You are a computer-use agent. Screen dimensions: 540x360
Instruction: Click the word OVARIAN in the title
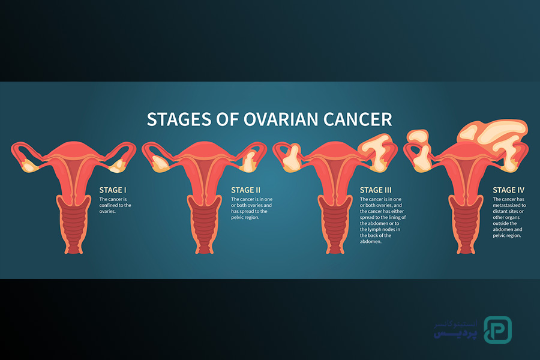[x=281, y=119]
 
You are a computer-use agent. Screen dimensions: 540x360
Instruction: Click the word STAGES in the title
[x=179, y=119]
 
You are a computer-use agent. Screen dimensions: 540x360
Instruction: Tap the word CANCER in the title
[x=358, y=119]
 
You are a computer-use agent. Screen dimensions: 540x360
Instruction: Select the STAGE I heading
[x=113, y=190]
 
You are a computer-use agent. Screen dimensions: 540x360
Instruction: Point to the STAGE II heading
[x=245, y=190]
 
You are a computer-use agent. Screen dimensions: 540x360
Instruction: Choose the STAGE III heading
[x=376, y=190]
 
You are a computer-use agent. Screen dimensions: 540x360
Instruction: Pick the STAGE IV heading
[x=508, y=190]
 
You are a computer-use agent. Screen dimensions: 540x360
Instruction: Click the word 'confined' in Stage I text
[x=108, y=205]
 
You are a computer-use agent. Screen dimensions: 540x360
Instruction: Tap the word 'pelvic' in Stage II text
[x=238, y=218]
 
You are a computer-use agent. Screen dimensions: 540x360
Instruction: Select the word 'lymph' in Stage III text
[x=374, y=230]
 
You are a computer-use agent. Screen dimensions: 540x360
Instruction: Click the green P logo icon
[x=497, y=329]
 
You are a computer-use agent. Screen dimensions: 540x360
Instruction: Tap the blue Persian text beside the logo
[x=455, y=329]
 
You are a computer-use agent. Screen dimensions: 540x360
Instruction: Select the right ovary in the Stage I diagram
[x=118, y=166]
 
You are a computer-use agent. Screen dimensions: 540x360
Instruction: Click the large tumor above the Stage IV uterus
[x=493, y=134]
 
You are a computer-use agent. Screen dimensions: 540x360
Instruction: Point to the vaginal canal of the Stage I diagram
[x=73, y=224]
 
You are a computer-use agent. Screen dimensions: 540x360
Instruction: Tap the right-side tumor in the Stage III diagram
[x=377, y=152]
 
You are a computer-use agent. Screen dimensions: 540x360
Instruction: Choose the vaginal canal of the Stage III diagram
[x=335, y=224]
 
